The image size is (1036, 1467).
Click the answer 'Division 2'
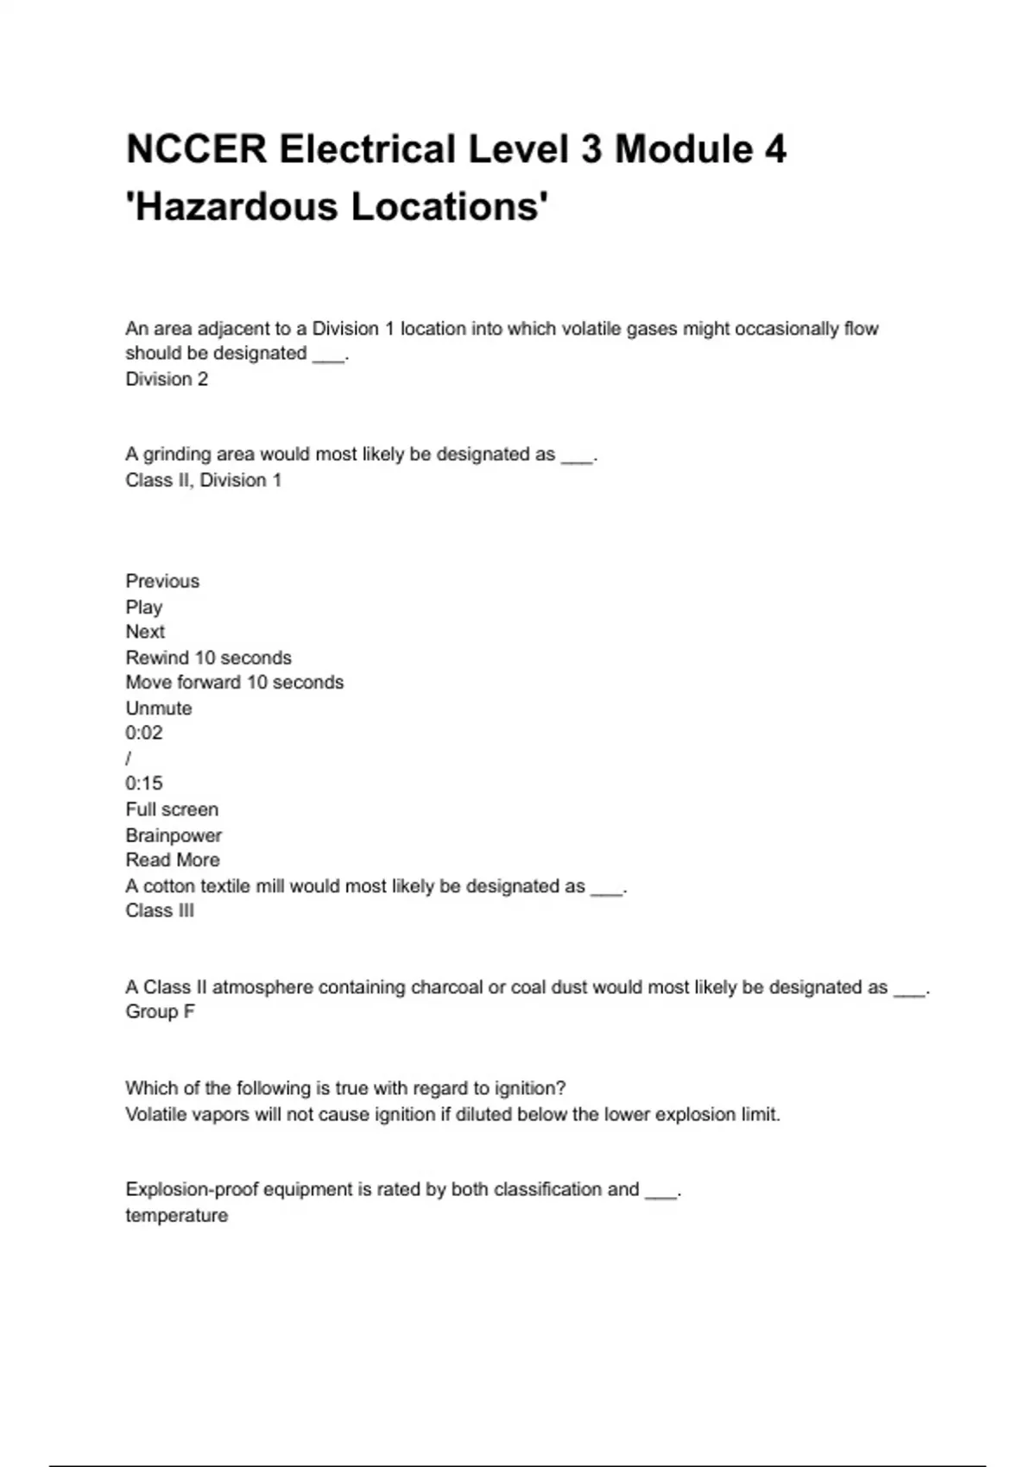167,379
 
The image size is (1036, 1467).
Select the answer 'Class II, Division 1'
204,480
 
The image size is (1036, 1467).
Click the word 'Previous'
162,581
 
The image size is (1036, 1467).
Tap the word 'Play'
144,607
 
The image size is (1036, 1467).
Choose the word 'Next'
145,632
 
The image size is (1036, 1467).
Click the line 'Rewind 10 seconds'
208,658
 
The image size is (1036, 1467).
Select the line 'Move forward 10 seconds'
234,682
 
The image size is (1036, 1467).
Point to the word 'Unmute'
159,708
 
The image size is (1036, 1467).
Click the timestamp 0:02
144,733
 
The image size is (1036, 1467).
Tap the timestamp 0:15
144,784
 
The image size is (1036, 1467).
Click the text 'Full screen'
172,809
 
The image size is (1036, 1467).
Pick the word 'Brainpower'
174,835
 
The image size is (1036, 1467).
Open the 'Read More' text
173,859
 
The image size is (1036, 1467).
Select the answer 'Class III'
160,910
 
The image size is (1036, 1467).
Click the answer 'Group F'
160,1011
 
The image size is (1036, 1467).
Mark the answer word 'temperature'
177,1215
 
